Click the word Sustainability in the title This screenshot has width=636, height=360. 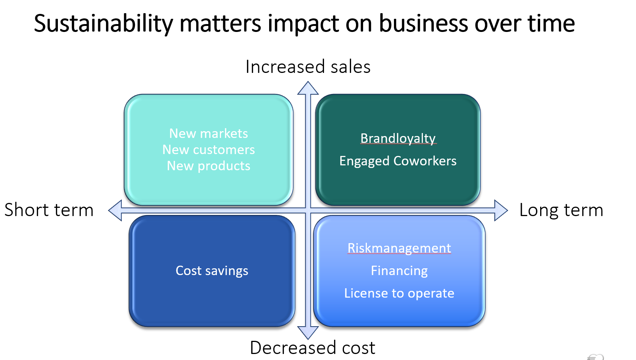(x=103, y=24)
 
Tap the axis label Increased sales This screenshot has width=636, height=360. (x=308, y=67)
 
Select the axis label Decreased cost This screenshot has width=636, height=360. (x=313, y=348)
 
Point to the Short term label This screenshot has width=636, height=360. (x=49, y=210)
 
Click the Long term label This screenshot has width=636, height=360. (x=561, y=210)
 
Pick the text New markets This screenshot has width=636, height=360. (x=208, y=133)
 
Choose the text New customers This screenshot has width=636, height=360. (x=208, y=150)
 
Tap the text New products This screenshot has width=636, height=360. (x=208, y=166)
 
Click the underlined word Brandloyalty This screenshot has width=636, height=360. (x=398, y=139)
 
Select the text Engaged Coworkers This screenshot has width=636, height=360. (x=398, y=161)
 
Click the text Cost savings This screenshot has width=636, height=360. (x=212, y=271)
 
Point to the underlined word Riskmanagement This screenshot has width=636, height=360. (x=399, y=248)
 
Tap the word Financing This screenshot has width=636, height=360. (x=399, y=271)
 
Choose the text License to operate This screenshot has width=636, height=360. (x=399, y=293)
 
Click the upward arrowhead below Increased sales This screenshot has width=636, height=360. (x=308, y=88)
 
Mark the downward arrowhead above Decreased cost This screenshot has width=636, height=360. (x=308, y=333)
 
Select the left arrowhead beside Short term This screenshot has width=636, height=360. (x=115, y=210)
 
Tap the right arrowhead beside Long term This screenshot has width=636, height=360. (x=501, y=210)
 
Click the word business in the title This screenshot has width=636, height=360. (x=423, y=23)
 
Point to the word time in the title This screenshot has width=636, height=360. (x=551, y=23)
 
